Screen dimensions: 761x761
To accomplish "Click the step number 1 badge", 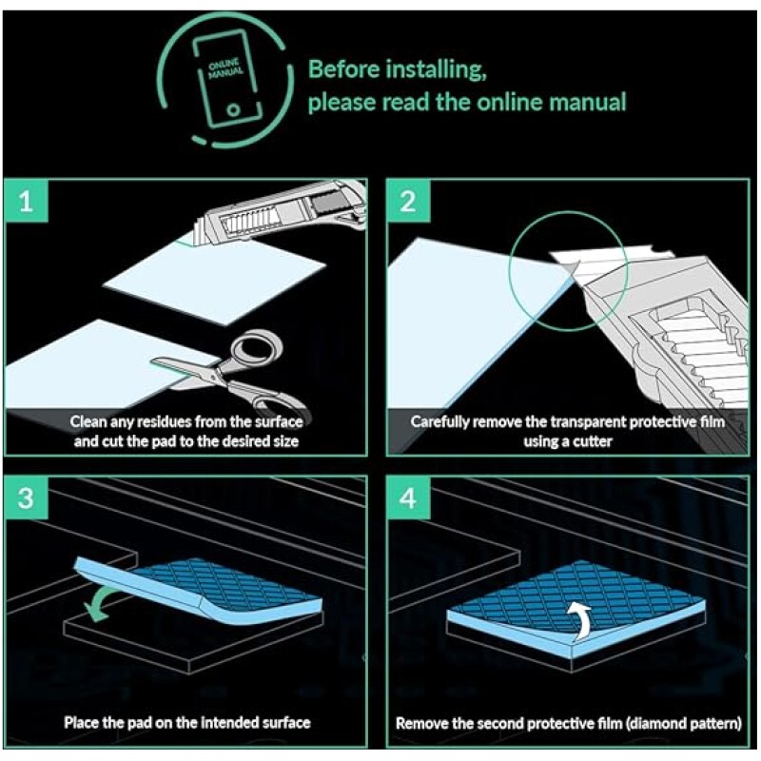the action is point(27,201).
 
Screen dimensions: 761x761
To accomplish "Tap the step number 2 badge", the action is point(408,201).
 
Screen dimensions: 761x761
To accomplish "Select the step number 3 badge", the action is point(27,498).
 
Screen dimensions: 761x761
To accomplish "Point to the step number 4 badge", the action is point(408,498).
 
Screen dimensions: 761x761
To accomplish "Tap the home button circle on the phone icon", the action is point(233,109).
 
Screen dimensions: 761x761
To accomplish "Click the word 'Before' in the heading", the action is point(343,68).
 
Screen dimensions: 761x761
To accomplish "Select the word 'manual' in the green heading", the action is point(588,103).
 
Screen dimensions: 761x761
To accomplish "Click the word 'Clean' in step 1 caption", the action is point(88,421).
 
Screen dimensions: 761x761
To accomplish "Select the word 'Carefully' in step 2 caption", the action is point(439,422).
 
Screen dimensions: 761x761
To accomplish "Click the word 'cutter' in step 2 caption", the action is point(592,441).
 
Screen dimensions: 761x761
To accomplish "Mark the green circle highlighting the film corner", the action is point(509,272).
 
